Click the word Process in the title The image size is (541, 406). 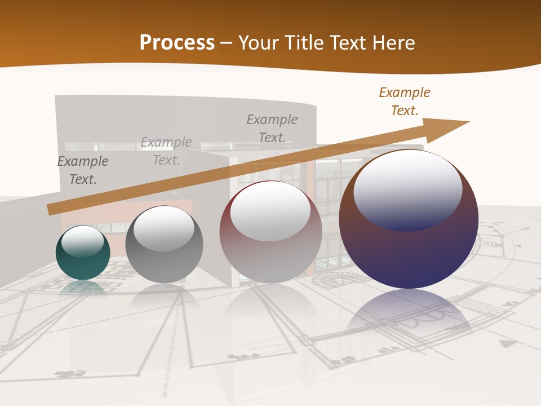(x=177, y=43)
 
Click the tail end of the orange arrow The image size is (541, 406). (x=51, y=210)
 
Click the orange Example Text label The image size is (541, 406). (x=405, y=101)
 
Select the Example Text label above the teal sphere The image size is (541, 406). (x=83, y=170)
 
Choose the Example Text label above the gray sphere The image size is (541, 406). (x=166, y=151)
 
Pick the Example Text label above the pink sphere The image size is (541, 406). (x=272, y=129)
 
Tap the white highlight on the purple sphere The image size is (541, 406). (x=408, y=189)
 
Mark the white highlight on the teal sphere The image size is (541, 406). (x=82, y=241)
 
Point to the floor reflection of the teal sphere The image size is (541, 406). (x=83, y=289)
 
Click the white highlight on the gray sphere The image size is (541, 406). (x=163, y=228)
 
